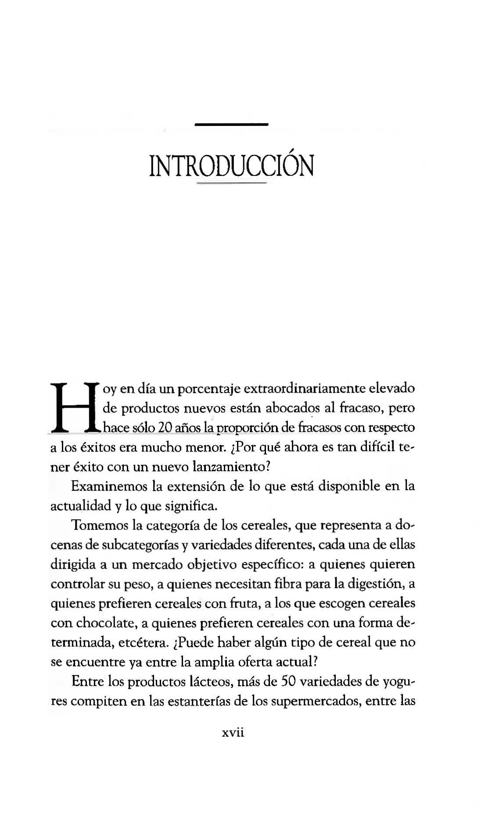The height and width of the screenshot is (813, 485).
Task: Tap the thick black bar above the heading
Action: pyautogui.click(x=231, y=125)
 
